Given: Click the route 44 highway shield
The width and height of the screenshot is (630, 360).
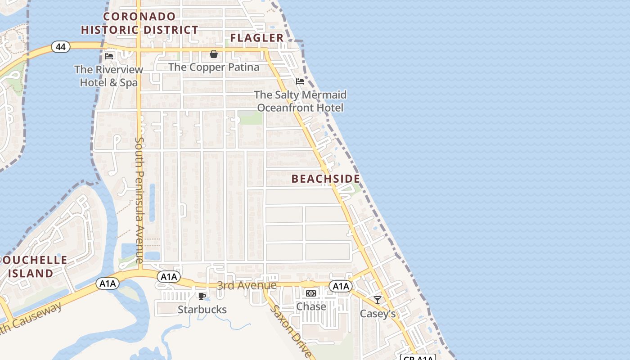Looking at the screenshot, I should pos(60,46).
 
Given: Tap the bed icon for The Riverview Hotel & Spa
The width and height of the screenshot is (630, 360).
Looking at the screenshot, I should pos(109,56).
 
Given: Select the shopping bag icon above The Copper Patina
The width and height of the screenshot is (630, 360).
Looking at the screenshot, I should pos(214,54).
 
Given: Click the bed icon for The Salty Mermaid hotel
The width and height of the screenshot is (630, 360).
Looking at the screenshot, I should pos(300,81).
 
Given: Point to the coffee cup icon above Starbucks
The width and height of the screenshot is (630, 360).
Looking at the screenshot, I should pos(202,296).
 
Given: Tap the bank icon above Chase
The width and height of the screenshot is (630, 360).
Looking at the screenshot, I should pos(311,293).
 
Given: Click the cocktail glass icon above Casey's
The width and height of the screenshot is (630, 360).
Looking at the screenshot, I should pos(378,300).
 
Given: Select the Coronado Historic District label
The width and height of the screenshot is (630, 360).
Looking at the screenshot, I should pos(139,23).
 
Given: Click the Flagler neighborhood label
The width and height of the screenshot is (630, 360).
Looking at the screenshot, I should pos(257,38).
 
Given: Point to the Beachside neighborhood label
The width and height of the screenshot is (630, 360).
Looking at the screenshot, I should pos(326,179).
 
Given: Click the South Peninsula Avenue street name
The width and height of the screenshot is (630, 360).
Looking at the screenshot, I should pos(139,200).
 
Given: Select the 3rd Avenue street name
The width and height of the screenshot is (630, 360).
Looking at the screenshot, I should pos(247,285).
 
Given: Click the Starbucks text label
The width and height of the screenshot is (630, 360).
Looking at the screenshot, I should pos(202,310).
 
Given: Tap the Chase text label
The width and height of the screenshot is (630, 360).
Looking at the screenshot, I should pos(311,306).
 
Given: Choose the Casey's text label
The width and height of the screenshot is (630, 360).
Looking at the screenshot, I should pos(378,314).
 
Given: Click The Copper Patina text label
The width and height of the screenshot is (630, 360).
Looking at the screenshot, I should pos(214,67).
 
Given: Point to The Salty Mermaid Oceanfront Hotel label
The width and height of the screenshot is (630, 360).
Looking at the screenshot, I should pos(300,101).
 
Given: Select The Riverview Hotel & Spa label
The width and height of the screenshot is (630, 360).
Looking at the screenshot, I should pos(109,76).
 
